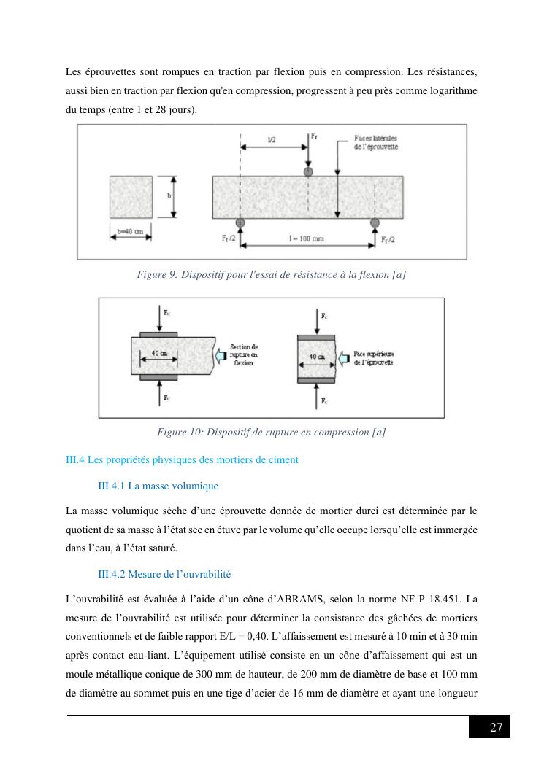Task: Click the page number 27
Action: pyautogui.click(x=496, y=727)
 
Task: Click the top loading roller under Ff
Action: pyautogui.click(x=308, y=171)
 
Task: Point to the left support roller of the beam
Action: pyautogui.click(x=240, y=222)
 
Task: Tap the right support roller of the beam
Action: pyautogui.click(x=375, y=222)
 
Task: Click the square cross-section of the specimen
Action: pyautogui.click(x=131, y=196)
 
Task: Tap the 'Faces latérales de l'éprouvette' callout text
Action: pyautogui.click(x=375, y=141)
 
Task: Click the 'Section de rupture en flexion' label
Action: pyautogui.click(x=243, y=355)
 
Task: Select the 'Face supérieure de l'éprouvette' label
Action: pyautogui.click(x=373, y=358)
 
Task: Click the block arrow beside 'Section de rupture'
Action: pyautogui.click(x=220, y=355)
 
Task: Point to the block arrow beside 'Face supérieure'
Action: pyautogui.click(x=343, y=358)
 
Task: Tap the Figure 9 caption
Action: pyautogui.click(x=272, y=274)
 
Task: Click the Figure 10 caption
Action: pyautogui.click(x=272, y=433)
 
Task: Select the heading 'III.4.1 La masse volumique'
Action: pyautogui.click(x=158, y=486)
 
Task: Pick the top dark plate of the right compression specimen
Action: pyautogui.click(x=316, y=338)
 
